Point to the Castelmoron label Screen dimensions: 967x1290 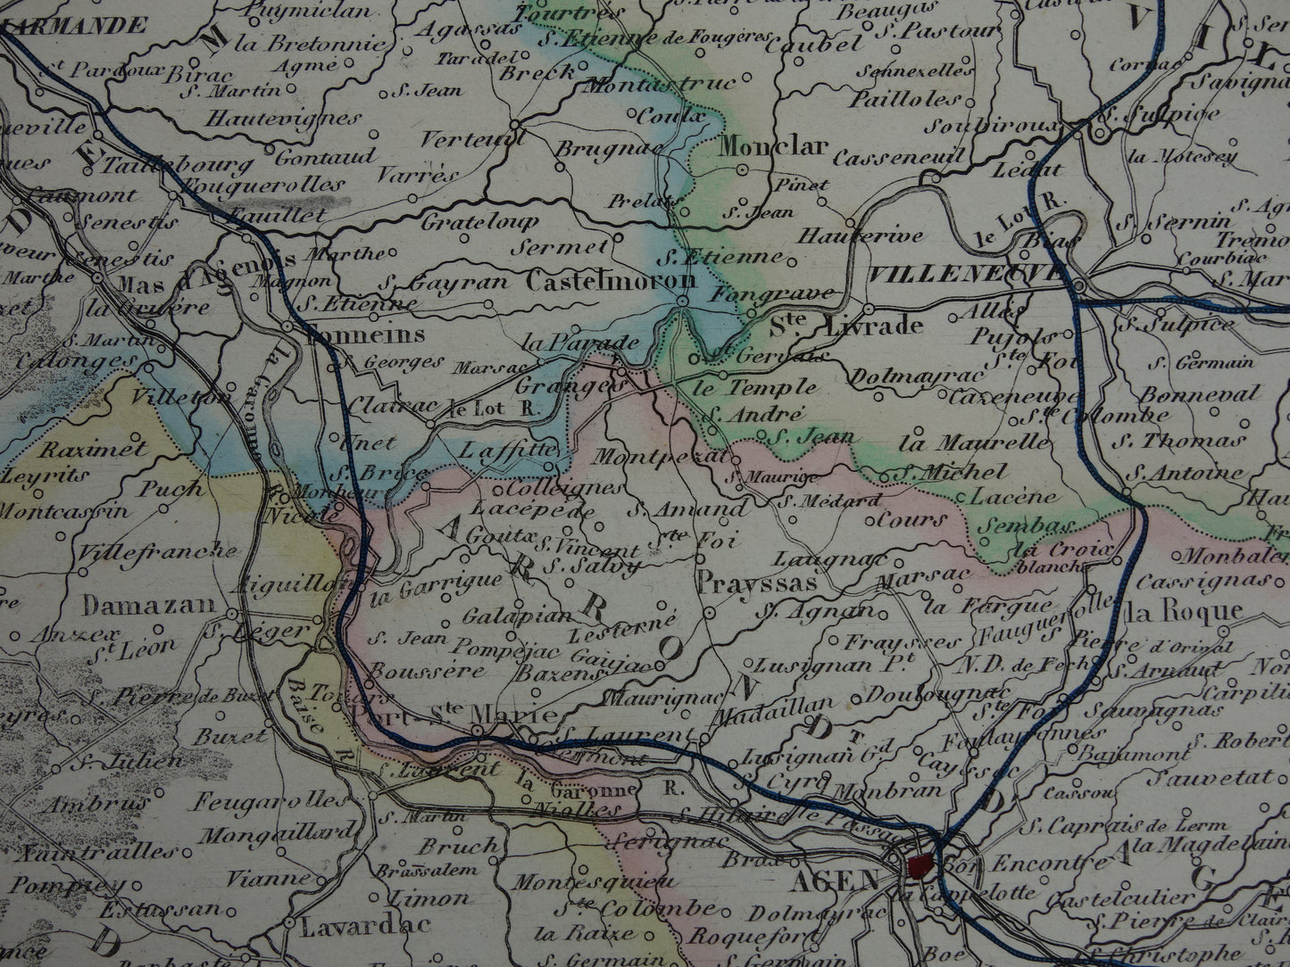pos(611,281)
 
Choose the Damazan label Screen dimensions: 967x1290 pos(149,605)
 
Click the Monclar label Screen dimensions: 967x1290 pos(762,146)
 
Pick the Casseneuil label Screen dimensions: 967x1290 pos(899,158)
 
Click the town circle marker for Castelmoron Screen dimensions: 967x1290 pos(682,303)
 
